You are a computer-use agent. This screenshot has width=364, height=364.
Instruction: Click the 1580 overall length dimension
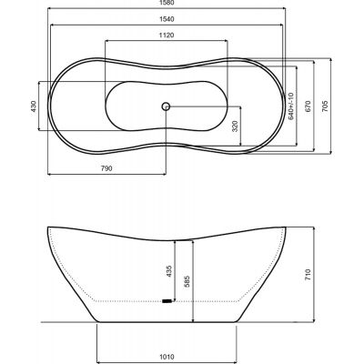[167, 3]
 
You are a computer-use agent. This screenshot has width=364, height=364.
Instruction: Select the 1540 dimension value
[167, 19]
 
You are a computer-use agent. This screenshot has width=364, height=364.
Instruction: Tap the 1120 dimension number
[167, 35]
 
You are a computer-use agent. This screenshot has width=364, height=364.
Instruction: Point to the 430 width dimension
[34, 106]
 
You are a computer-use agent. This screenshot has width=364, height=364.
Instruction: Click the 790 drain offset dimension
[106, 168]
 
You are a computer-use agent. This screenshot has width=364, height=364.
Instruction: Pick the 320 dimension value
[235, 126]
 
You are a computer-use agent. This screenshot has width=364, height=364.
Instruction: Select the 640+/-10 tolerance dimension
[291, 106]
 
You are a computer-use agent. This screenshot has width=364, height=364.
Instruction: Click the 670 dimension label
[308, 106]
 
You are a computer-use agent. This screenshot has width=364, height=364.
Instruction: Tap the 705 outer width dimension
[325, 106]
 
